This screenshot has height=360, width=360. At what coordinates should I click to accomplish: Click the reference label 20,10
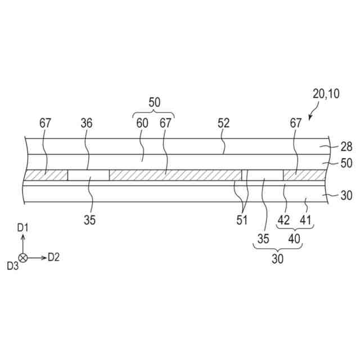click(326, 94)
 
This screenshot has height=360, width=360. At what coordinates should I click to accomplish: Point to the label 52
click(224, 123)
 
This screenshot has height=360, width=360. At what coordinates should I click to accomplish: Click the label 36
click(87, 123)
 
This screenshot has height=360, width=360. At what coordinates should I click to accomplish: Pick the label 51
click(242, 220)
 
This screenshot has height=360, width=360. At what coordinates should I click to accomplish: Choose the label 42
click(285, 220)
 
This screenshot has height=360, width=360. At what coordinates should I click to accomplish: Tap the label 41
click(305, 220)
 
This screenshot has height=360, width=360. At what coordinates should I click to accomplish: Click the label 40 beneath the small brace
click(295, 239)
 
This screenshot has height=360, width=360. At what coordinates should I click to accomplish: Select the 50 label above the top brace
click(154, 102)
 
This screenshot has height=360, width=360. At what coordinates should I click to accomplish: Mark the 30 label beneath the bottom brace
click(278, 259)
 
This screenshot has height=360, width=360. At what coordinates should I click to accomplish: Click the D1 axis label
click(23, 228)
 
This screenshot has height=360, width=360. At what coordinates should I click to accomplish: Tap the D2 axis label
click(53, 257)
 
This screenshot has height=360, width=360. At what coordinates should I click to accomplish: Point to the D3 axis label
click(12, 265)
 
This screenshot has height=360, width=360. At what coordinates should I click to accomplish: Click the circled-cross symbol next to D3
click(23, 257)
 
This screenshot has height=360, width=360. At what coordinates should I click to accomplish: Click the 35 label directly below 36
click(90, 220)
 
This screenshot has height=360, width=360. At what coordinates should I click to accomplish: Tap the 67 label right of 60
click(165, 123)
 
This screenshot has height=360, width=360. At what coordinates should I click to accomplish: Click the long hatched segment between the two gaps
click(175, 175)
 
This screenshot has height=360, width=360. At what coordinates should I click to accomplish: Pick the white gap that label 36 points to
click(88, 175)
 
